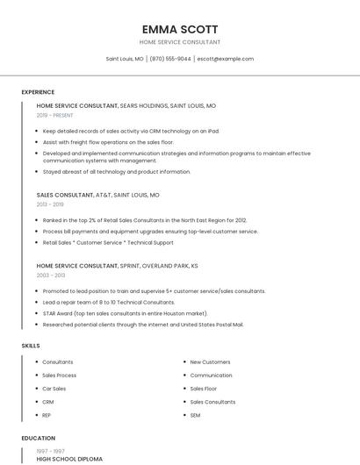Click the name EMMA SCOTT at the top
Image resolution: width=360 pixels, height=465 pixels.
(180, 29)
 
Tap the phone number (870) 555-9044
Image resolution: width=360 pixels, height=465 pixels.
(169, 59)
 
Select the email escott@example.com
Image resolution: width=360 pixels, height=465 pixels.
(225, 59)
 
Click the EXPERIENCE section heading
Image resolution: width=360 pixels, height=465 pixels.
(38, 92)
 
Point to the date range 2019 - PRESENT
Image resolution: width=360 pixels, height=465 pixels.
(55, 115)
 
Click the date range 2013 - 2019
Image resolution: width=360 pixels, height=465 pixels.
(50, 204)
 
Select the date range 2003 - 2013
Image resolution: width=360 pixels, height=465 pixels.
(51, 275)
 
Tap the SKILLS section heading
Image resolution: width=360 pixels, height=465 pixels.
(31, 346)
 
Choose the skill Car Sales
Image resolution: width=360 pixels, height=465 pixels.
(54, 389)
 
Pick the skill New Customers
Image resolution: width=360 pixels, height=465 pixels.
(210, 361)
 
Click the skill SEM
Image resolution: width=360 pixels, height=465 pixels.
(195, 415)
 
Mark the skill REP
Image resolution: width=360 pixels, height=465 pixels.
(47, 415)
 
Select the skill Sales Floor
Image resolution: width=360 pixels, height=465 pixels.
(204, 389)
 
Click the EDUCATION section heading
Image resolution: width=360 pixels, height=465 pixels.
(39, 438)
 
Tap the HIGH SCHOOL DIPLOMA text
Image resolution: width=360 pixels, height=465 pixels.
(69, 459)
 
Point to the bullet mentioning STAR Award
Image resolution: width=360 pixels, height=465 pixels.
(125, 313)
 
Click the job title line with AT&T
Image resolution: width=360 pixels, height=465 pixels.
(98, 195)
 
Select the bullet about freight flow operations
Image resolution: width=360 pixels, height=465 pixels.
(107, 142)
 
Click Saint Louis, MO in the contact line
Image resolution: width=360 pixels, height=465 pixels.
(125, 59)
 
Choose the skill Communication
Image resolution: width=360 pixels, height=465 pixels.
(211, 375)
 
